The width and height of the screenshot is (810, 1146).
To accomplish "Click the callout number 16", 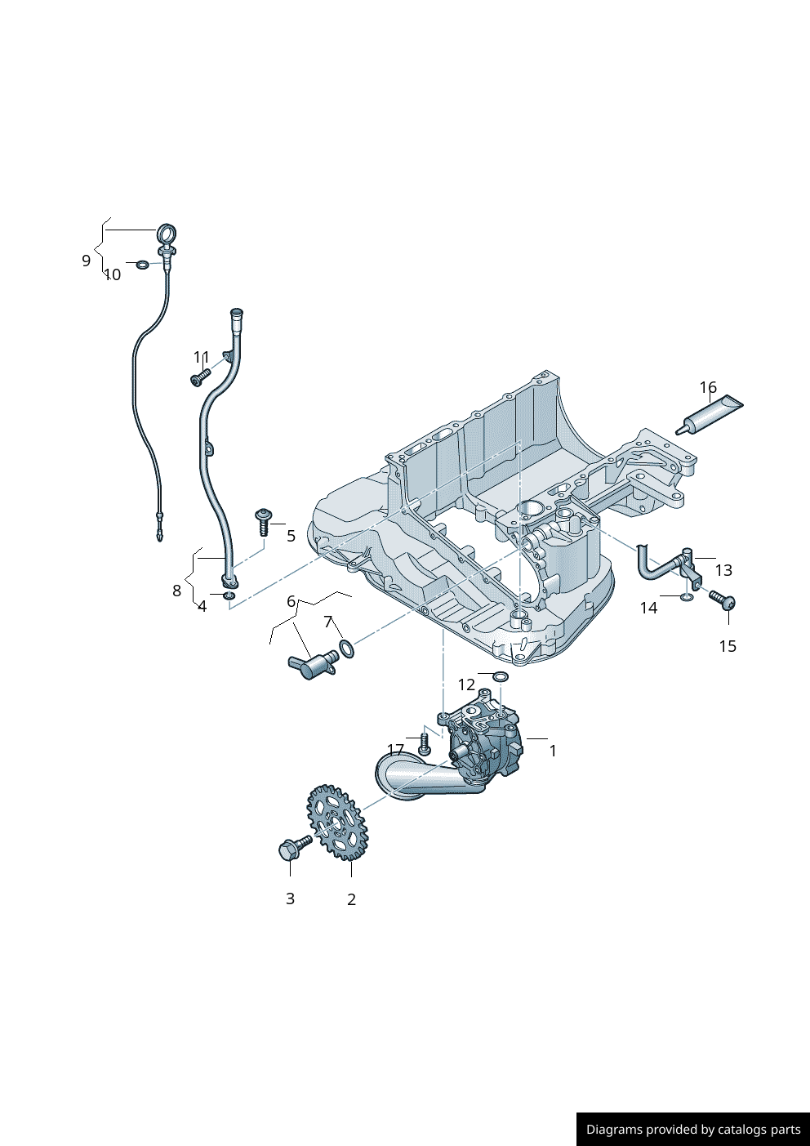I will [707, 387].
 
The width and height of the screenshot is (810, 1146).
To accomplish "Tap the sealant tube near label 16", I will [710, 414].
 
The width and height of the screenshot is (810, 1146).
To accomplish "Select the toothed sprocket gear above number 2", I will [337, 822].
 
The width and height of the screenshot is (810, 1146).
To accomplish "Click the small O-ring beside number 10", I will [143, 265].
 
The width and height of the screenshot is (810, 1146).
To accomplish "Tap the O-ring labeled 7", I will [346, 649].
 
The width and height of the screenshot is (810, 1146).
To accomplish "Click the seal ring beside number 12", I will [500, 677].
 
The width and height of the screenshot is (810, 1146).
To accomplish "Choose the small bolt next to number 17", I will [423, 744].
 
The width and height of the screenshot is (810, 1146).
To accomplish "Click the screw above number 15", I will [723, 601].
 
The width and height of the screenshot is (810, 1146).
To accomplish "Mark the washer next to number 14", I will [687, 598].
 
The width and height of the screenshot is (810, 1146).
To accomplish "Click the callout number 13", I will [723, 570].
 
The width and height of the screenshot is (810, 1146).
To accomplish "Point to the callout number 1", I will [553, 751].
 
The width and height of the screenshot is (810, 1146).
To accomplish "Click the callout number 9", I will [86, 261].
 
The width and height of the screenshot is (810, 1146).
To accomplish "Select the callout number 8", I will [176, 591].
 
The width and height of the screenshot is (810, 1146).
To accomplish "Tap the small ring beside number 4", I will [229, 596].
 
